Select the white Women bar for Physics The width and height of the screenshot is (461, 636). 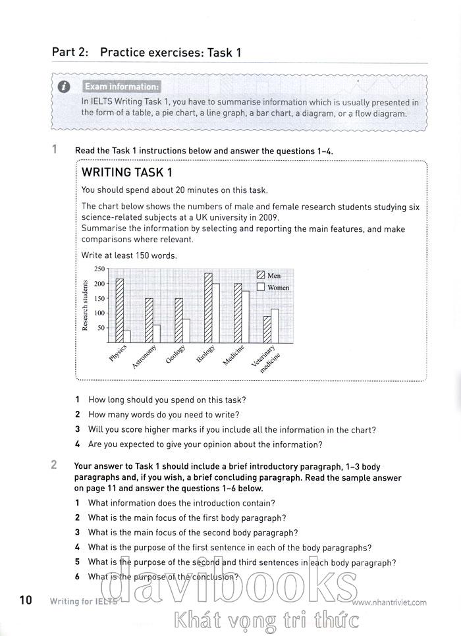(x=127, y=336)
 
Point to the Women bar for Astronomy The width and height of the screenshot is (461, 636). (x=157, y=334)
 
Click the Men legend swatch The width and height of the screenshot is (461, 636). (x=260, y=275)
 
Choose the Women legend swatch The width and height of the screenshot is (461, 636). (x=260, y=287)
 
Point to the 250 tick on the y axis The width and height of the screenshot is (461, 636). (x=99, y=269)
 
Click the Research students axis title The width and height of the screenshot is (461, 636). (x=85, y=305)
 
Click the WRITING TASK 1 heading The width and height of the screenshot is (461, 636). (x=126, y=172)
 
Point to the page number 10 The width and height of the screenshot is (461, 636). (x=26, y=599)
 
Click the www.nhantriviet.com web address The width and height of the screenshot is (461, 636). (x=389, y=602)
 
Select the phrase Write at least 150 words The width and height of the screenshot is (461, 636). (x=128, y=255)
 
